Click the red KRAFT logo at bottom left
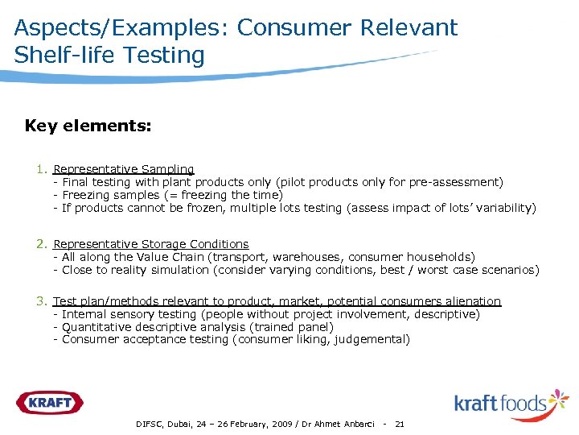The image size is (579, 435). pyautogui.click(x=49, y=403)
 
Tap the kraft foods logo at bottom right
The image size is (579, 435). pyautogui.click(x=511, y=402)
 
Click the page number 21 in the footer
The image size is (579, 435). pyautogui.click(x=400, y=424)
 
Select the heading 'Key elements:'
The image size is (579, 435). pyautogui.click(x=88, y=126)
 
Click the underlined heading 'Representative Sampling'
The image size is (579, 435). pyautogui.click(x=124, y=169)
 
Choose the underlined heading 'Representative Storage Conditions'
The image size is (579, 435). pyautogui.click(x=151, y=243)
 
